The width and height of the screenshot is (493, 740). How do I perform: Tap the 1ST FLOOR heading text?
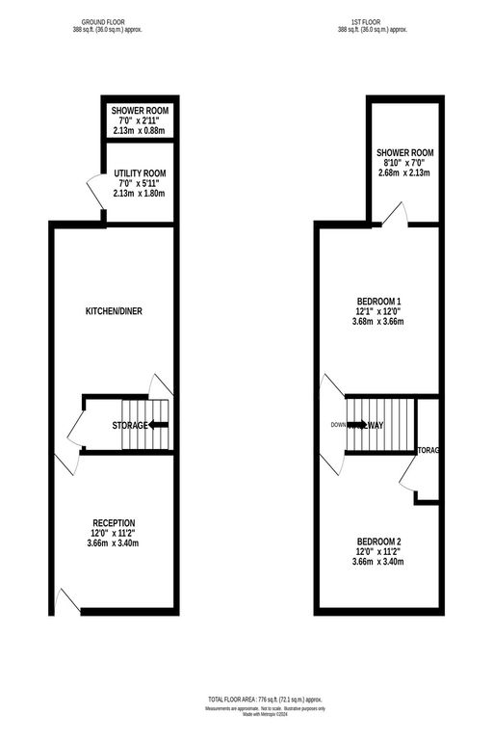click(373, 22)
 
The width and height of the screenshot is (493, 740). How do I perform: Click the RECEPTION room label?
click(113, 522)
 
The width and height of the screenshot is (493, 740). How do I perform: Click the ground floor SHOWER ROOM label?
click(140, 111)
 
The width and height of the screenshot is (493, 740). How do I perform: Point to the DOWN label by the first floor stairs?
click(338, 425)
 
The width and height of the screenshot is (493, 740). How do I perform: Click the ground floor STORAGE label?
click(130, 425)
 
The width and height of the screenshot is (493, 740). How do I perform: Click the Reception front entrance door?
click(66, 601)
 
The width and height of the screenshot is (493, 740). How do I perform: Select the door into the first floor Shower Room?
click(394, 216)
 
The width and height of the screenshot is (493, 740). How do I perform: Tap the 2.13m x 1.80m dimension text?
click(141, 194)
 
